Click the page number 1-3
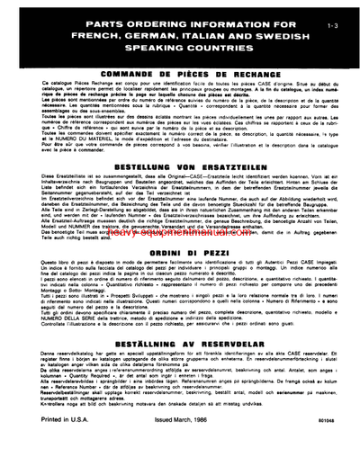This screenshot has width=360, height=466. tap(332, 16)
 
